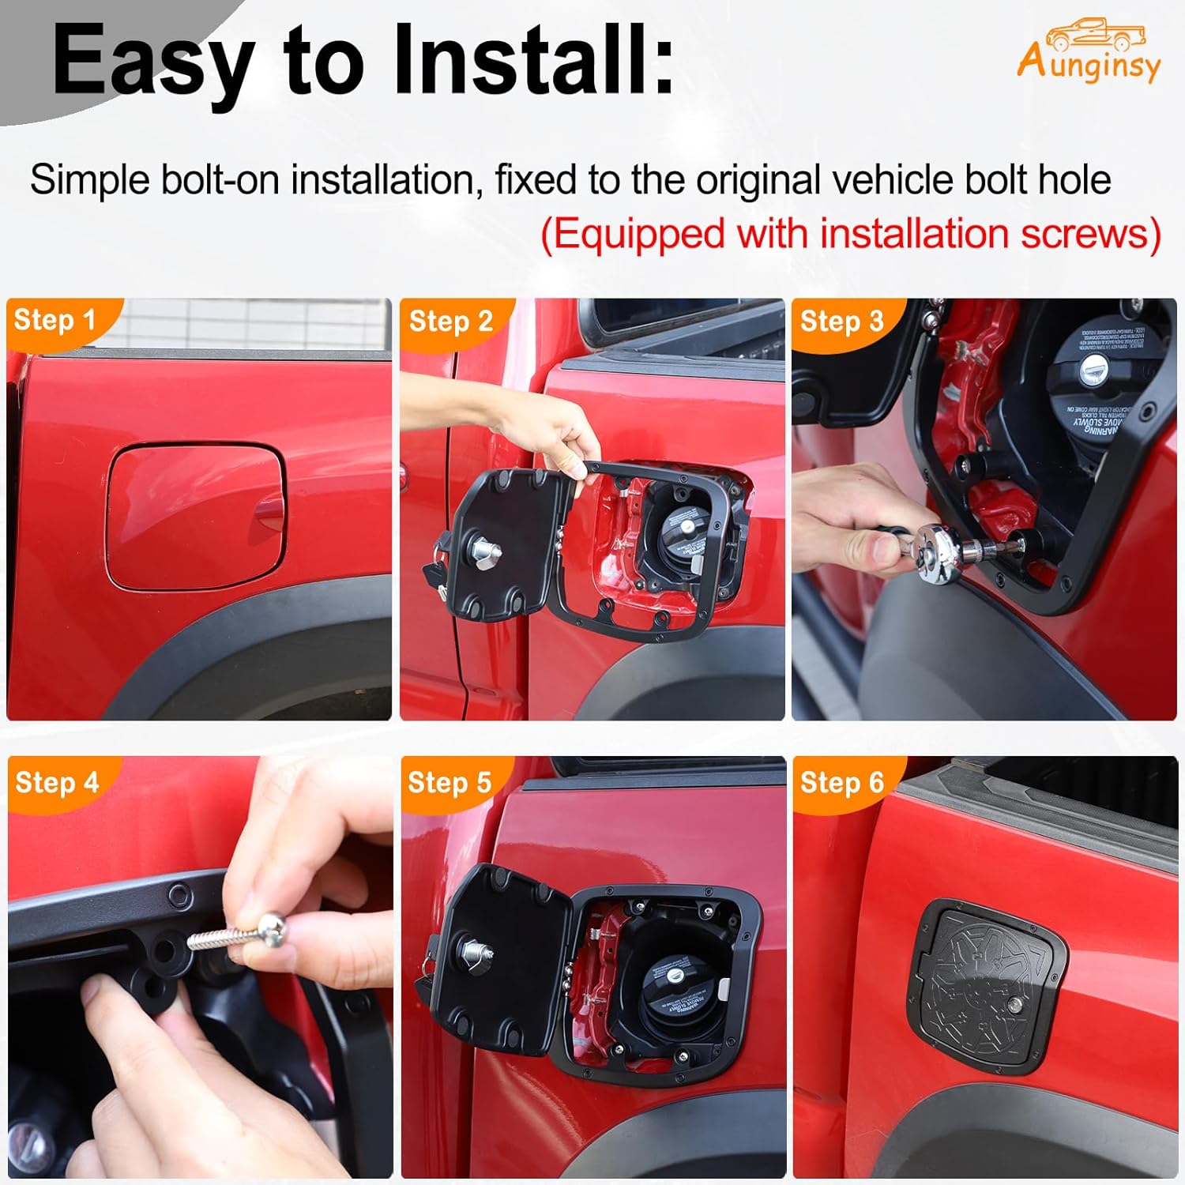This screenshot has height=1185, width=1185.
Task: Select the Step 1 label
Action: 55,320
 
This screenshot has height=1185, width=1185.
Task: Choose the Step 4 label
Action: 56,782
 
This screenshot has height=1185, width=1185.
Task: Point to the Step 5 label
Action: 449,782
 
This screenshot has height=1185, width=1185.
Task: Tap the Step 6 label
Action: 841,782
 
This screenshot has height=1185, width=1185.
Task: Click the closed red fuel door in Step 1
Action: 194,516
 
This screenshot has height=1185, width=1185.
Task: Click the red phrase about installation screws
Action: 850,235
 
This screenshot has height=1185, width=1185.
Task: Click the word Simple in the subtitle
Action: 90,179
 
